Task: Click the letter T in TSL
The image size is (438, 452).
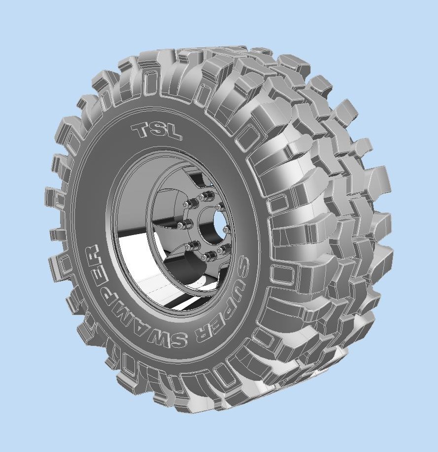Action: pos(141,130)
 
